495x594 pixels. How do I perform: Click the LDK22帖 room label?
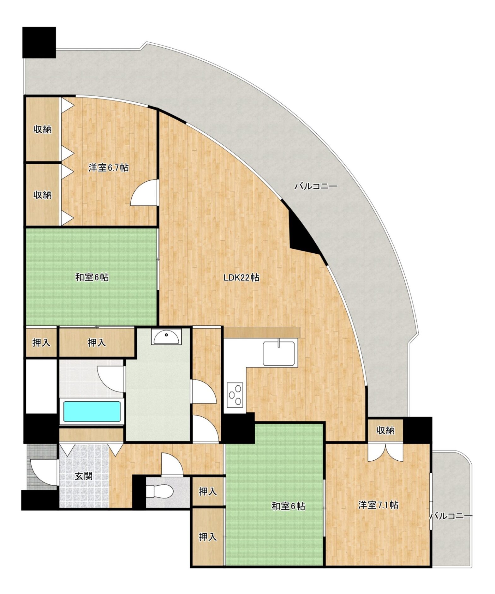pyautogui.click(x=242, y=278)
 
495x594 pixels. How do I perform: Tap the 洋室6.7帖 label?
pyautogui.click(x=108, y=167)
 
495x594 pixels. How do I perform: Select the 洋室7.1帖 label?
pyautogui.click(x=378, y=505)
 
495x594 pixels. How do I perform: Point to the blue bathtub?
pyautogui.click(x=92, y=411)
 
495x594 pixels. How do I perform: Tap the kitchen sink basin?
pyautogui.click(x=279, y=353)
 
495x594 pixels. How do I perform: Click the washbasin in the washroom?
pyautogui.click(x=166, y=337)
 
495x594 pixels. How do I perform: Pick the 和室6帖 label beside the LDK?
pyautogui.click(x=92, y=277)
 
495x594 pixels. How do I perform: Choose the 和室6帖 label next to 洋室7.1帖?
pyautogui.click(x=288, y=506)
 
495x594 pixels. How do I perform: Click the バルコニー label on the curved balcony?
pyautogui.click(x=316, y=186)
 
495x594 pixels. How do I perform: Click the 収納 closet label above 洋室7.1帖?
pyautogui.click(x=385, y=430)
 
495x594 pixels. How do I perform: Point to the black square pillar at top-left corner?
pyautogui.click(x=39, y=42)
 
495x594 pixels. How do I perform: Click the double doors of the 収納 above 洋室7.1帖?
pyautogui.click(x=385, y=453)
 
